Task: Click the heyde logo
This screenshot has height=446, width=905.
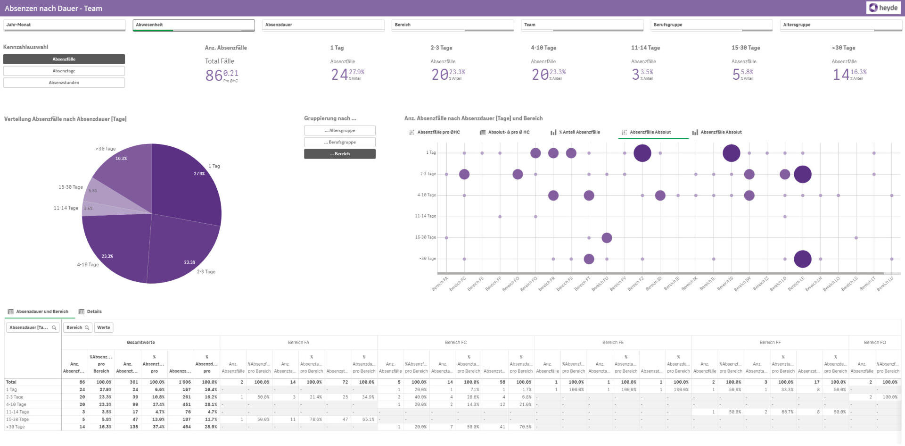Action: click(883, 8)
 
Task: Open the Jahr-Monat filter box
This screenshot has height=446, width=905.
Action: click(64, 25)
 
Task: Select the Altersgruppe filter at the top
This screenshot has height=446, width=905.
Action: click(841, 25)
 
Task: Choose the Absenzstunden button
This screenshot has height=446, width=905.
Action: click(64, 83)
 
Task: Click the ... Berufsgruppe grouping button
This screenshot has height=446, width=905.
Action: click(340, 142)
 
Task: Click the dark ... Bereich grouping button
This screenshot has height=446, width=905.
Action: click(340, 154)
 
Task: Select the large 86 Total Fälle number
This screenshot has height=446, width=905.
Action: click(214, 75)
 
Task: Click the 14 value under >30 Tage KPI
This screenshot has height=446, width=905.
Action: click(840, 75)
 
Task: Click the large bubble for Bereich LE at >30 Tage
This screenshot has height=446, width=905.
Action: click(802, 259)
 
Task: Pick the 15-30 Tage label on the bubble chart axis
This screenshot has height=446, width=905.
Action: click(425, 237)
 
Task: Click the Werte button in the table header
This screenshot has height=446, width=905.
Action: click(104, 328)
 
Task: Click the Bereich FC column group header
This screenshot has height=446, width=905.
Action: click(455, 343)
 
